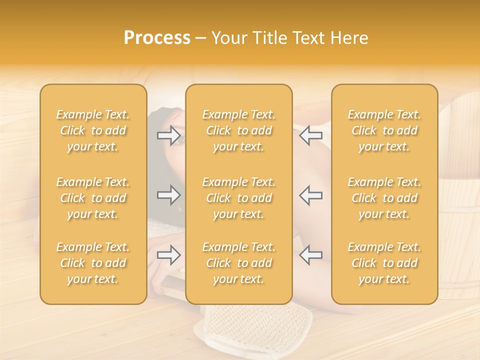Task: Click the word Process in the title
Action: [157, 38]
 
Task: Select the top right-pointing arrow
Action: [168, 135]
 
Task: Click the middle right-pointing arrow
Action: [168, 194]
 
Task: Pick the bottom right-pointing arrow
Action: [168, 255]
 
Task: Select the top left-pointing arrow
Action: [310, 135]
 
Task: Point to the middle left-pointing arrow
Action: [310, 194]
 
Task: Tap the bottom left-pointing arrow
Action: [310, 255]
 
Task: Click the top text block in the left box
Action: [93, 130]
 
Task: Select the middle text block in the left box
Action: [93, 198]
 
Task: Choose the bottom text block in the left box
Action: [93, 263]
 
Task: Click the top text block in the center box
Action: [238, 130]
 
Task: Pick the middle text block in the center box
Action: [238, 198]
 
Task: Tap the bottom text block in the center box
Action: [238, 263]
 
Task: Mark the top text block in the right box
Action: [384, 130]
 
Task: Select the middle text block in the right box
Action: [384, 198]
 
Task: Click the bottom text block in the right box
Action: [384, 263]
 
